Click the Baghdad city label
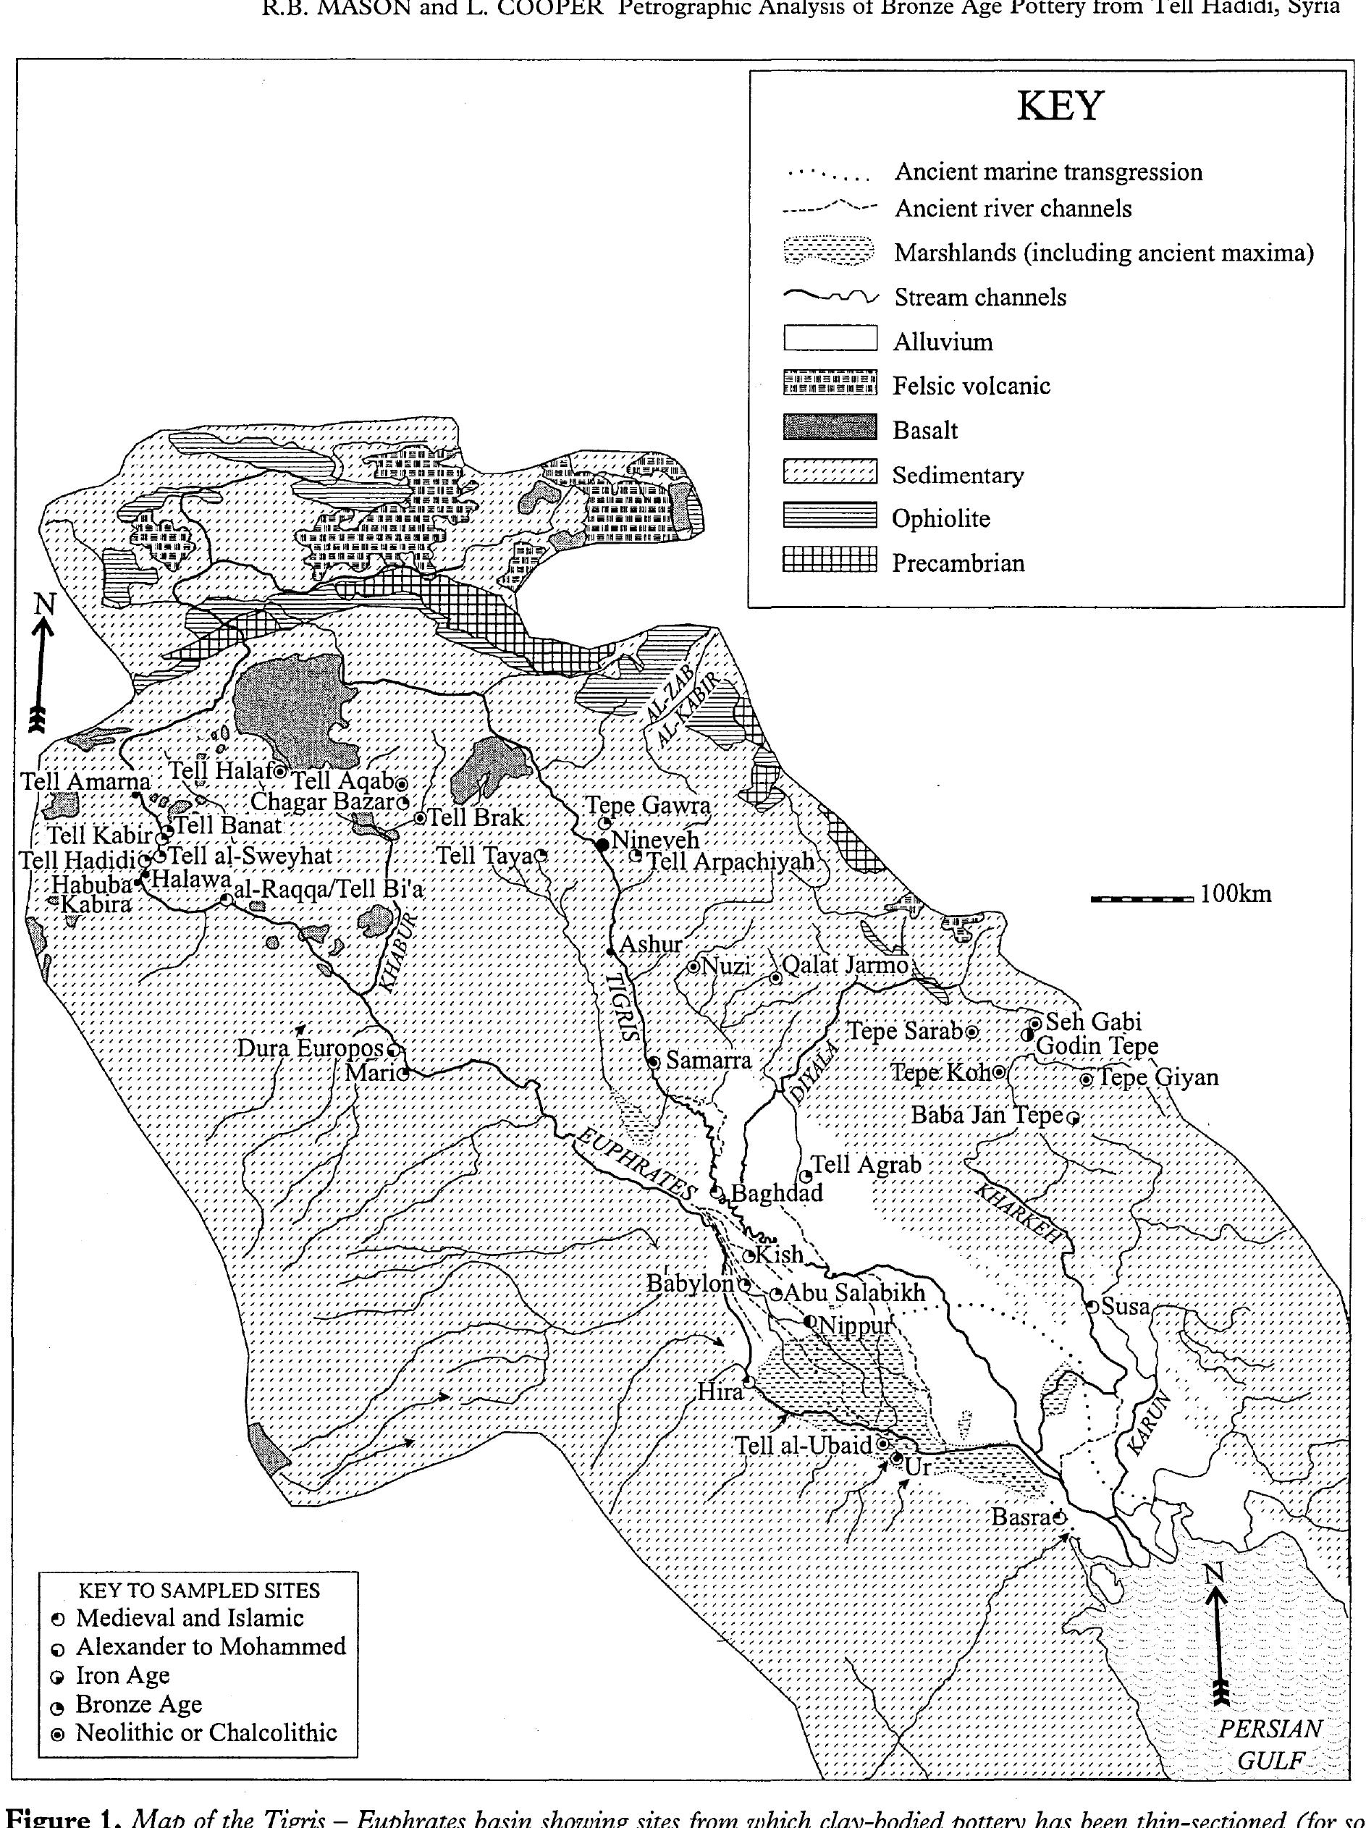(x=777, y=1193)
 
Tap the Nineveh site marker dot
(x=603, y=843)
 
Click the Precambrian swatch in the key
(x=829, y=561)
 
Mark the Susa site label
(x=1126, y=1307)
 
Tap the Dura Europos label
(x=310, y=1048)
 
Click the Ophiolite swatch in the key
(x=829, y=518)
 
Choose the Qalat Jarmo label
(x=845, y=965)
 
